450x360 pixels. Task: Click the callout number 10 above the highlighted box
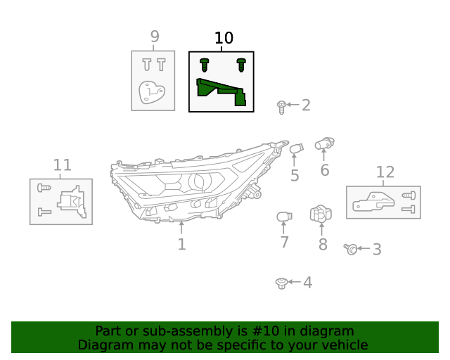(224, 38)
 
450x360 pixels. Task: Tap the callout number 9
(155, 37)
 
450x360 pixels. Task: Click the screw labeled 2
(281, 107)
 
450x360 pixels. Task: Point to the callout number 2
(306, 105)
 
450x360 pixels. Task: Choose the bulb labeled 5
(296, 148)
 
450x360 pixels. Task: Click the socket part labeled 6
(324, 143)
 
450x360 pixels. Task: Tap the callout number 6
(324, 170)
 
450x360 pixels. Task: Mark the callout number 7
(284, 243)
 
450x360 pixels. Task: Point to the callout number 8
(323, 245)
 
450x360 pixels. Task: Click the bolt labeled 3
(351, 249)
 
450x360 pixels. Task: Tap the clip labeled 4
(281, 283)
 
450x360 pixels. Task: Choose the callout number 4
(307, 283)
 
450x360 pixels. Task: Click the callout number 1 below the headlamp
(181, 245)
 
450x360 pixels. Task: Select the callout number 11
(63, 165)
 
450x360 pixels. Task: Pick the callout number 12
(385, 172)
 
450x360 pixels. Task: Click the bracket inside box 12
(372, 202)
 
